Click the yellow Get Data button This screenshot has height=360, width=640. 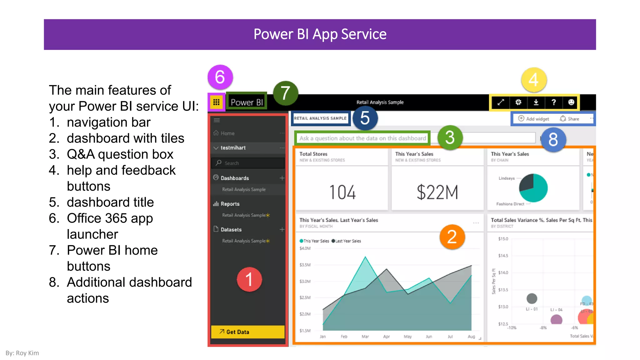tap(247, 332)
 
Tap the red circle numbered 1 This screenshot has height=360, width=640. tap(249, 279)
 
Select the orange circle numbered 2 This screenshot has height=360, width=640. tap(452, 237)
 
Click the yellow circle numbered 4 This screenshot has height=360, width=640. tap(534, 80)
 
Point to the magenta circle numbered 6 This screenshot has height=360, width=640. tap(220, 77)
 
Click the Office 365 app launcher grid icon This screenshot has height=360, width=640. tap(216, 102)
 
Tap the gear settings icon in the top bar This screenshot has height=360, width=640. tap(518, 102)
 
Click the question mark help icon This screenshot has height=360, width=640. tap(553, 102)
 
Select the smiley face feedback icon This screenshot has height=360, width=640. tap(571, 102)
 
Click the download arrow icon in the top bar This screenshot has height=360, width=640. tap(536, 102)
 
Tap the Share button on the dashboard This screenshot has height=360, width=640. tap(570, 119)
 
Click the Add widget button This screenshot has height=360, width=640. tap(534, 119)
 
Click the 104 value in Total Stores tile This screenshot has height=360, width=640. tap(342, 192)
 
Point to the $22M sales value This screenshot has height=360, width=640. tap(437, 192)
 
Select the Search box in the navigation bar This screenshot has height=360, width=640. tap(248, 163)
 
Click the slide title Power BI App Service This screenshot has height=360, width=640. tap(320, 34)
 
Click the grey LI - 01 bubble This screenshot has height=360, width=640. tap(532, 298)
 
